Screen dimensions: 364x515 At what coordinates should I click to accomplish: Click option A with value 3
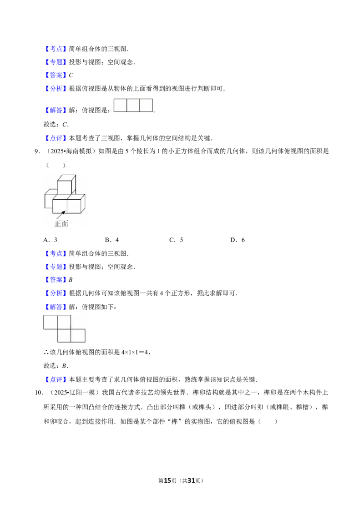pyautogui.click(x=50, y=240)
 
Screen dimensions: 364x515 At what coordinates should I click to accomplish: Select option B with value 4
pyautogui.click(x=111, y=240)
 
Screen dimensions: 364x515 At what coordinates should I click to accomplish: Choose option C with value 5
pyautogui.click(x=176, y=240)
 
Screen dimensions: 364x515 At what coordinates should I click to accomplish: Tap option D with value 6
pyautogui.click(x=238, y=240)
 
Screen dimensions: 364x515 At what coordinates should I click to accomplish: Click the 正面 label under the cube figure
pyautogui.click(x=61, y=224)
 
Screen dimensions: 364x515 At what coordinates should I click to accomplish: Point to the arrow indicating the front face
pyautogui.click(x=61, y=215)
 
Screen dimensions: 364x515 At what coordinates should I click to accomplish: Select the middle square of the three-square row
pyautogui.click(x=133, y=105)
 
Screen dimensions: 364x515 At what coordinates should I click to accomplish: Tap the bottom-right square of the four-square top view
pyautogui.click(x=78, y=336)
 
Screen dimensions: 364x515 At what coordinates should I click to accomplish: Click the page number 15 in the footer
pyautogui.click(x=167, y=480)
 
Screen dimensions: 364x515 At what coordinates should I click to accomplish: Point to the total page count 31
pyautogui.click(x=191, y=480)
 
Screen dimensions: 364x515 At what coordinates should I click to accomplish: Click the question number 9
pyautogui.click(x=37, y=151)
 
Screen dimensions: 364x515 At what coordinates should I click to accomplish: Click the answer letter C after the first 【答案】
pyautogui.click(x=71, y=75)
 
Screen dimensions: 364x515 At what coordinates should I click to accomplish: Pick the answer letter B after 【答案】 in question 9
pyautogui.click(x=71, y=280)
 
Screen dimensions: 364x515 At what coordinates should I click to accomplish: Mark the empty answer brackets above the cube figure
pyautogui.click(x=56, y=165)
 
